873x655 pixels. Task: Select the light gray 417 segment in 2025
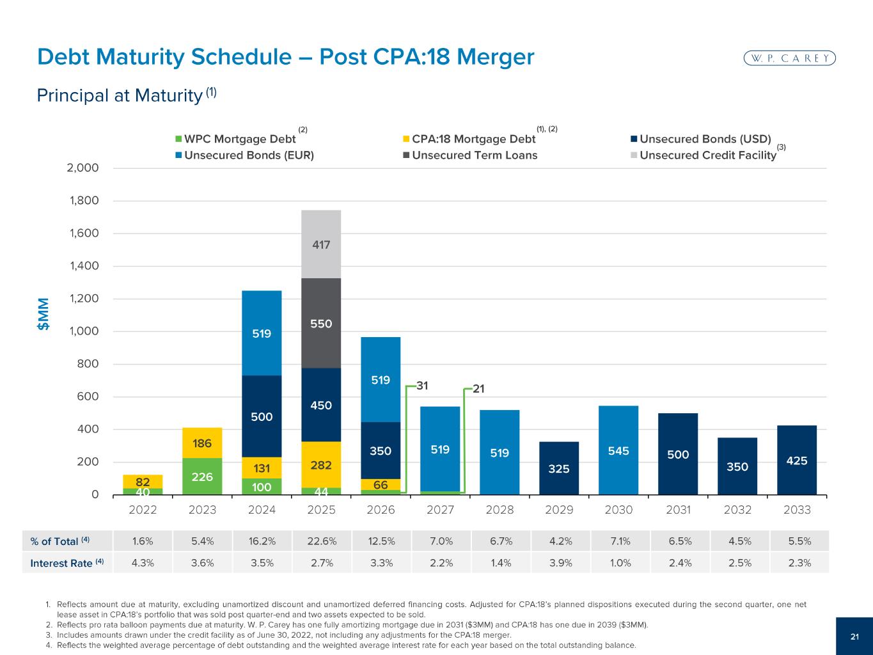point(321,244)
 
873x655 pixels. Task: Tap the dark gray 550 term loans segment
point(321,323)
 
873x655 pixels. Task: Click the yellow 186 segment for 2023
point(202,443)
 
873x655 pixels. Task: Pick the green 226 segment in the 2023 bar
point(202,477)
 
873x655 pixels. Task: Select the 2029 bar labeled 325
point(559,468)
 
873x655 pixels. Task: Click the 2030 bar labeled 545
point(618,450)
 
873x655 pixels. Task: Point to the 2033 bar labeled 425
point(797,460)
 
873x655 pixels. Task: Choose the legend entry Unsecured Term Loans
point(474,155)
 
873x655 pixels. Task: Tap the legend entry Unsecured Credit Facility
point(707,155)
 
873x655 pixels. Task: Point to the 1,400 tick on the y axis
point(84,266)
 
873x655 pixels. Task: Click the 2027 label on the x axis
point(440,510)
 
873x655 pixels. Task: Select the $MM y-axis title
point(43,314)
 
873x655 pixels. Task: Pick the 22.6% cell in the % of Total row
point(321,541)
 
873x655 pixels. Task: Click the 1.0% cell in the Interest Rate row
point(618,563)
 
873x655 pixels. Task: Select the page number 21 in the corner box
point(854,636)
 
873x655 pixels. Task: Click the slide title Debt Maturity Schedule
point(285,58)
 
